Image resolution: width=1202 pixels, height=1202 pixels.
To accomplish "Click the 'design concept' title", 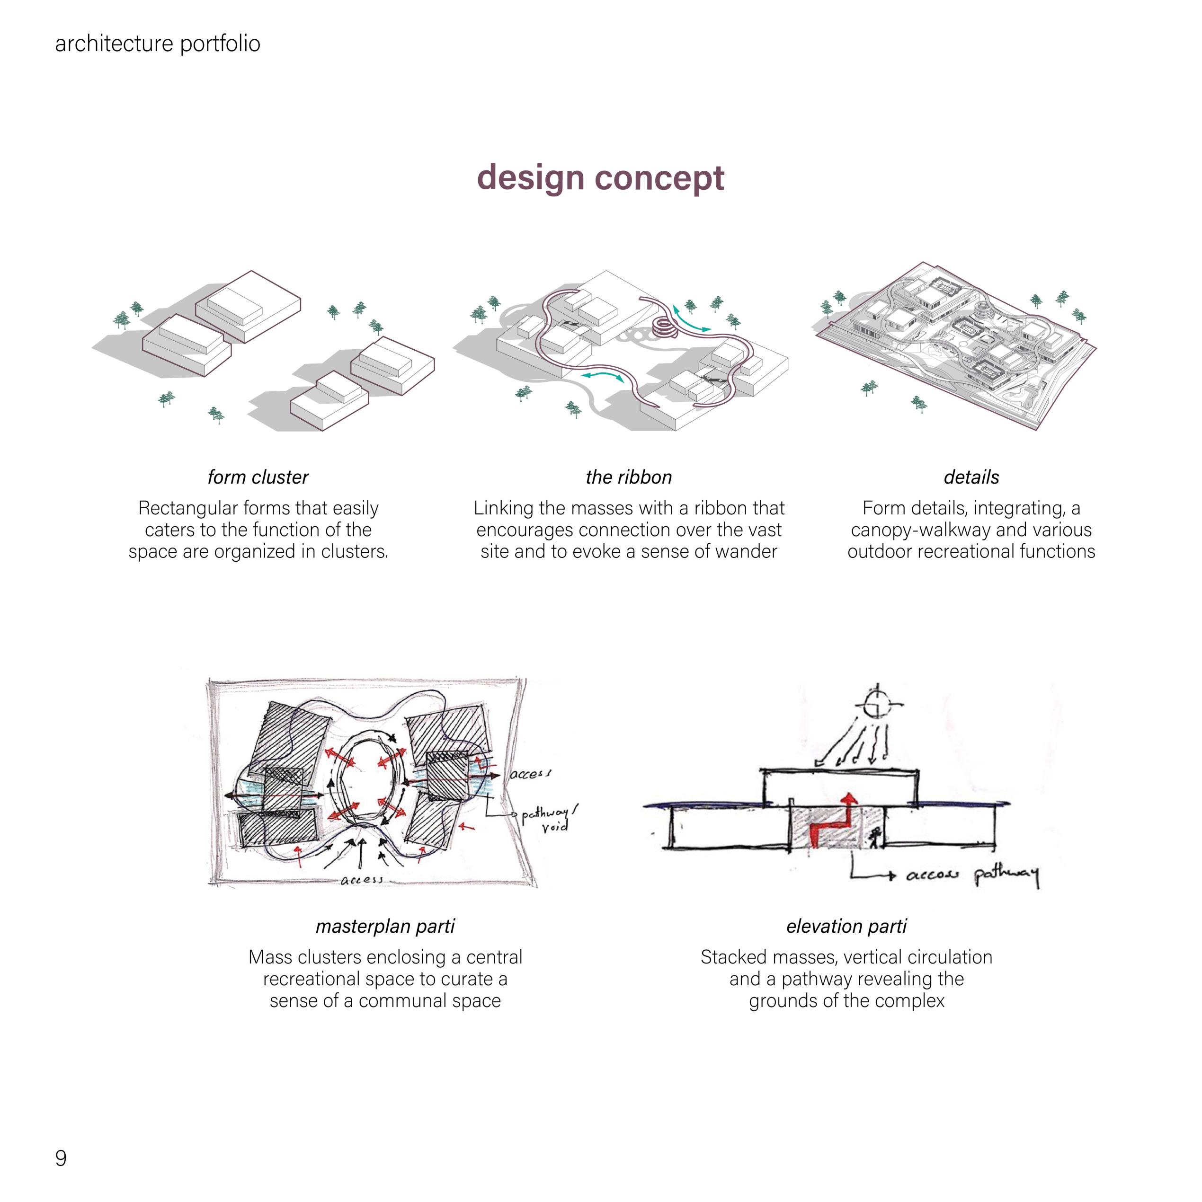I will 600,178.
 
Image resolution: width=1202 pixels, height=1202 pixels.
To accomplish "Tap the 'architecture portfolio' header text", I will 158,44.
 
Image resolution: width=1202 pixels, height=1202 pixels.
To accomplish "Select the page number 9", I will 61,1158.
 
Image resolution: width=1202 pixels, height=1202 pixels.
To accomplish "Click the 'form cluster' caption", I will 258,477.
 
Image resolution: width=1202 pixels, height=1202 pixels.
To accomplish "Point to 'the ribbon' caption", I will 629,477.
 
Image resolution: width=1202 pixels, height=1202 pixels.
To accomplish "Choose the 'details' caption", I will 971,477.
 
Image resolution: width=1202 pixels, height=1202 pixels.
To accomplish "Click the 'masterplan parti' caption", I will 385,927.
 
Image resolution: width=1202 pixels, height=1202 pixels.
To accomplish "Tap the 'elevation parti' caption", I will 846,927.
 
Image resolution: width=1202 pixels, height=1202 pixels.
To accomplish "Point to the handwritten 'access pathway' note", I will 971,876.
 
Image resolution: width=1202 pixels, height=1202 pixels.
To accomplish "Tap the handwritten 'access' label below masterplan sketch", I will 362,880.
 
